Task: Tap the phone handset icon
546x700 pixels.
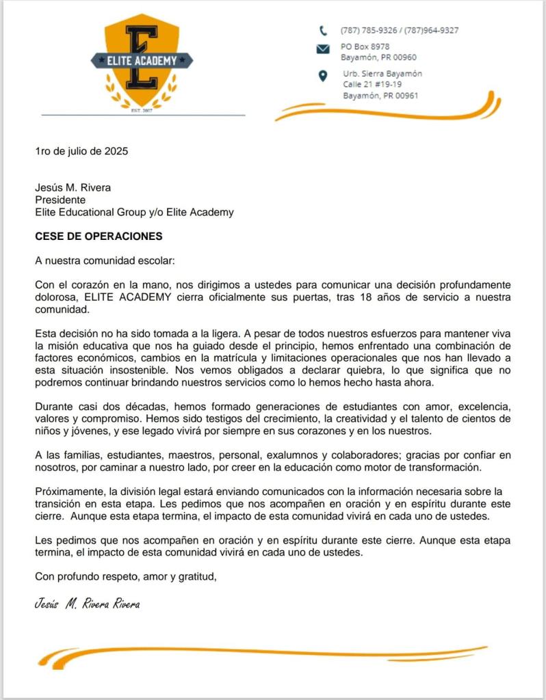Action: click(x=322, y=30)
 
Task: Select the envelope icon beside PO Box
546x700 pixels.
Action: click(x=322, y=49)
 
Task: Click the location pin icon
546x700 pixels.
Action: click(x=323, y=75)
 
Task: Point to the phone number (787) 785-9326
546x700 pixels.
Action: click(x=369, y=30)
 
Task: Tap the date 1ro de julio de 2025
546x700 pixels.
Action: click(x=81, y=151)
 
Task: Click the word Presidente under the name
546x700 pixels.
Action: click(x=60, y=200)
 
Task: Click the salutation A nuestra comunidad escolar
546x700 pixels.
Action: click(x=100, y=260)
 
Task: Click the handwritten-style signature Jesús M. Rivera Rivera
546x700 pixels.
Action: click(x=87, y=604)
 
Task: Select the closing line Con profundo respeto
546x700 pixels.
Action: click(x=125, y=577)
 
